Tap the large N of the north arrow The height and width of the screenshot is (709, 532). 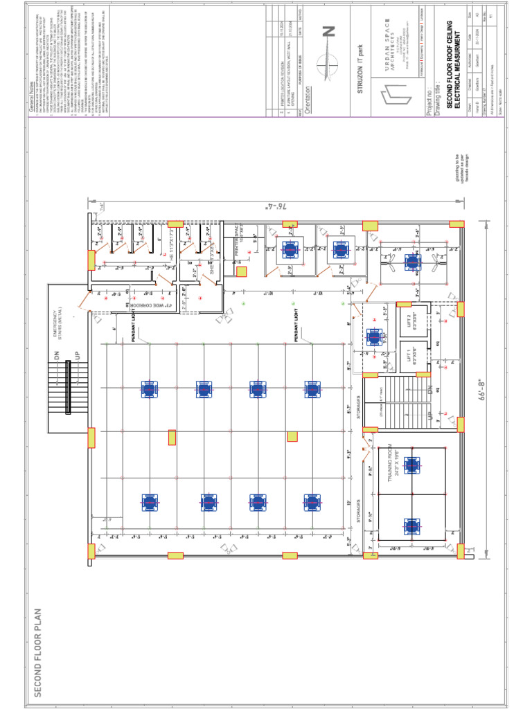[328, 31]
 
